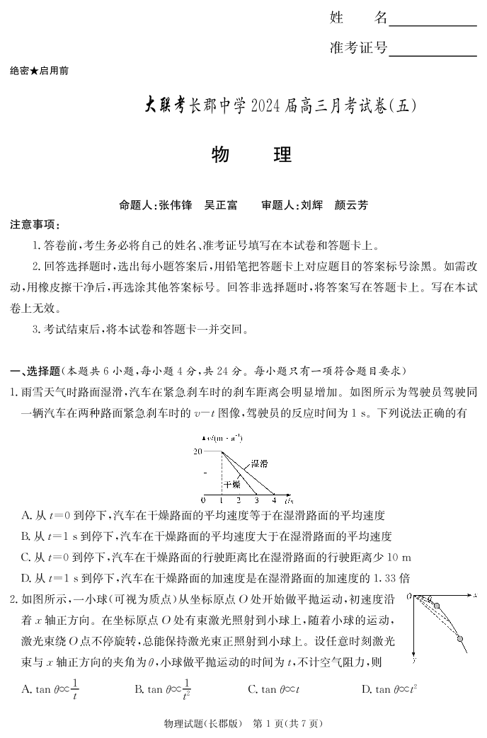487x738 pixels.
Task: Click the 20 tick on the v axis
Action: pyautogui.click(x=197, y=451)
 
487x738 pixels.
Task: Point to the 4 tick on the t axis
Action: pyautogui.click(x=273, y=500)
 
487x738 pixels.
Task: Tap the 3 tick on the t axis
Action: pyautogui.click(x=256, y=500)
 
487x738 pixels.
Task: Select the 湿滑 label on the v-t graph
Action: pyautogui.click(x=259, y=464)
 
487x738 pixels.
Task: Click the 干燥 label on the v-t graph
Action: pyautogui.click(x=232, y=485)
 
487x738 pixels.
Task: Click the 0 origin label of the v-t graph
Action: pyautogui.click(x=204, y=500)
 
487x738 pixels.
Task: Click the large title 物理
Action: pyautogui.click(x=251, y=156)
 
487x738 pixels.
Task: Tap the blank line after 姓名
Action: pyautogui.click(x=432, y=25)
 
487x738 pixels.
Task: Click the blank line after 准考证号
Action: pyautogui.click(x=432, y=55)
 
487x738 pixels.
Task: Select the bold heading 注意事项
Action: pyautogui.click(x=33, y=225)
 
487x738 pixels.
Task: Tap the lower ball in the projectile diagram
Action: pyautogui.click(x=460, y=639)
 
